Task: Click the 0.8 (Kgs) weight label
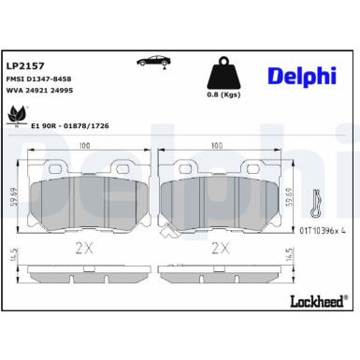225,94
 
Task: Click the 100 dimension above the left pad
85,145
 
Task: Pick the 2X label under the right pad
220,249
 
